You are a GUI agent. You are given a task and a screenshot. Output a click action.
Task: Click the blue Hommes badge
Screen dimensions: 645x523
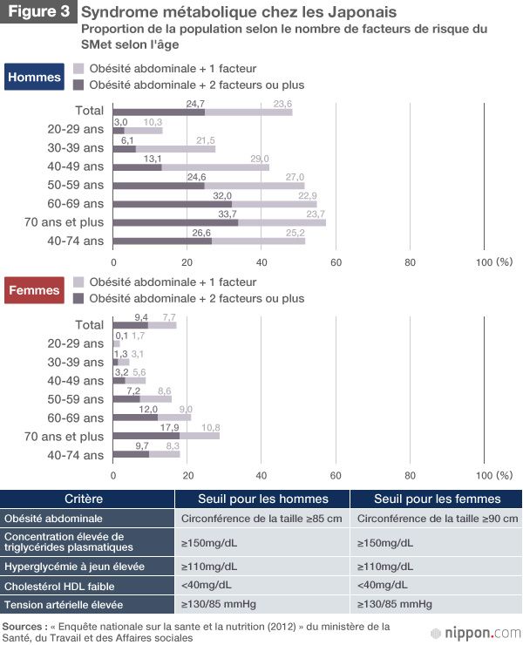pos(35,77)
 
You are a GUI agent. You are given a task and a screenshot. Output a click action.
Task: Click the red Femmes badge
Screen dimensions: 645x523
pos(35,290)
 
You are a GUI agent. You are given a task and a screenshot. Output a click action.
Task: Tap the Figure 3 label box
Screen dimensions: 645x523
pos(38,14)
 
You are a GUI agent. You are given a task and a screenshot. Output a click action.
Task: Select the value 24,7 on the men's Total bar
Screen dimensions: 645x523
pos(195,104)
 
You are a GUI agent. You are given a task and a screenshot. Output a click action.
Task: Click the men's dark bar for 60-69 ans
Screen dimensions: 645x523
pos(173,204)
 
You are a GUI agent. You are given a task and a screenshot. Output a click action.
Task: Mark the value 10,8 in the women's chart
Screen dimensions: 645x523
pos(210,428)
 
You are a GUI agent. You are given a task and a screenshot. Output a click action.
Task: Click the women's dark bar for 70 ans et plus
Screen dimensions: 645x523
pos(146,436)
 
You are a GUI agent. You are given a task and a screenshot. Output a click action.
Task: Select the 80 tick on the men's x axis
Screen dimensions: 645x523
pos(410,261)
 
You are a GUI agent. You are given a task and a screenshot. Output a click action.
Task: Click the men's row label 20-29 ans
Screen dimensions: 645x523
pos(77,129)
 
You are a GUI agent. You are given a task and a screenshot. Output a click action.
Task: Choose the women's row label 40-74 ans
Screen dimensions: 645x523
pos(77,455)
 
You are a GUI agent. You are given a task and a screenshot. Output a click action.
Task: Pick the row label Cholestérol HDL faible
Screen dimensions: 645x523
pos(59,586)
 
